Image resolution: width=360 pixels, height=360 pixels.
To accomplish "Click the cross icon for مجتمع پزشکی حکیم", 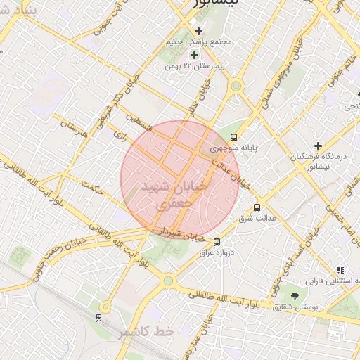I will [x=198, y=31].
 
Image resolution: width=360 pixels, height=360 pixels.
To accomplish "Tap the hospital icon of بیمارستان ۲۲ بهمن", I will [x=194, y=55].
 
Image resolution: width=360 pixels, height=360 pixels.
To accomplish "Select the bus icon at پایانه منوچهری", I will [x=233, y=138].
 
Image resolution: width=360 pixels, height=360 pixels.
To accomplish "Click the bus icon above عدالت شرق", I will [x=257, y=207].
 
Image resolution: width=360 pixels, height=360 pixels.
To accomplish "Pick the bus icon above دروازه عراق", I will [x=216, y=242].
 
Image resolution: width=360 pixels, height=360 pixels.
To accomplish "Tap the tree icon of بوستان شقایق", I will [x=294, y=296].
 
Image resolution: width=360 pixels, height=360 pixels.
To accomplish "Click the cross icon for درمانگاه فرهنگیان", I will [x=318, y=146].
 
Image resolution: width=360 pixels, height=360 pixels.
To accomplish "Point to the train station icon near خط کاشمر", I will [x=99, y=317].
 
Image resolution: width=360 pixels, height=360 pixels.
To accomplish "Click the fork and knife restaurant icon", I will [x=340, y=270].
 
